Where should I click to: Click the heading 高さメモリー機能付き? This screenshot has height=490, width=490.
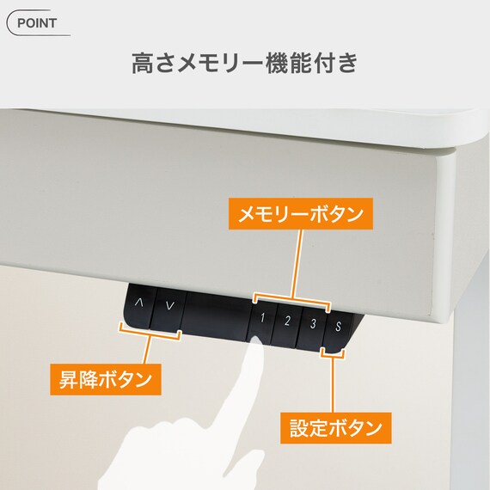click(244, 64)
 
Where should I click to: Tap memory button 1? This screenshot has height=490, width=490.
click(263, 321)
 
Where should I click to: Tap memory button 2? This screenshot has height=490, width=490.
click(288, 322)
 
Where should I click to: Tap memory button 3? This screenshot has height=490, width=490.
click(313, 324)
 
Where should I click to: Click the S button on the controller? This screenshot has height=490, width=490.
click(338, 327)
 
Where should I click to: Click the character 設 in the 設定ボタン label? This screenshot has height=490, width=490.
click(296, 426)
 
